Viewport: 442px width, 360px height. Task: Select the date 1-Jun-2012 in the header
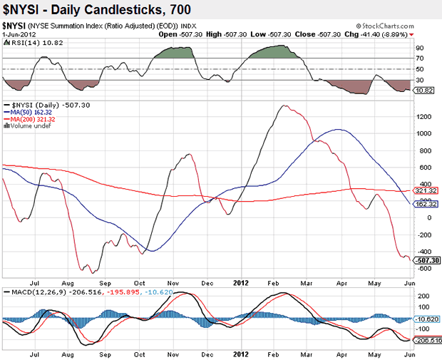click(19, 33)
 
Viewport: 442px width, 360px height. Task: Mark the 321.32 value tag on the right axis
click(426, 191)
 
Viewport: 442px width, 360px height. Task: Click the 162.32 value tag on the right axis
click(426, 205)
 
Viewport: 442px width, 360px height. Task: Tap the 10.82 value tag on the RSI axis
click(426, 91)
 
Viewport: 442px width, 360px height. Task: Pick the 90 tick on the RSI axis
click(421, 48)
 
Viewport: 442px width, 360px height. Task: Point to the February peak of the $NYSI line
click(284, 106)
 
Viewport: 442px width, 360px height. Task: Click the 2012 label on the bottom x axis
click(241, 354)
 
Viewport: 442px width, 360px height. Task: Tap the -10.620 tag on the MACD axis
click(427, 319)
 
